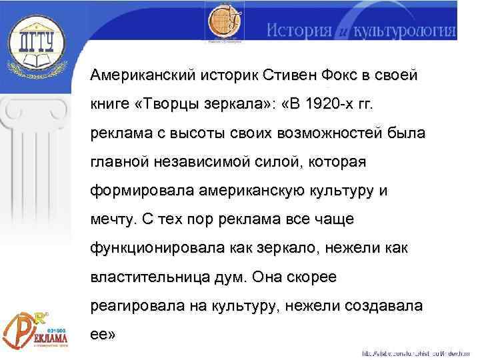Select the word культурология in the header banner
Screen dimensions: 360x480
coord(406,31)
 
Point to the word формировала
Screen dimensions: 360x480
coord(137,191)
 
